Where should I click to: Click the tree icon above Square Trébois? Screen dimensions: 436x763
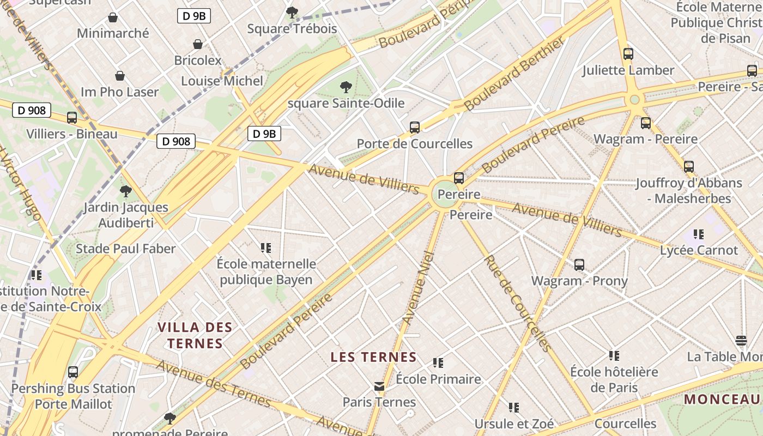click(292, 12)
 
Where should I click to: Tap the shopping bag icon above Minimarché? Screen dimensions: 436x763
click(113, 17)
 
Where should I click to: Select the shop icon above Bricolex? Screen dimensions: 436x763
click(198, 44)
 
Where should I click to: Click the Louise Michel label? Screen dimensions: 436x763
click(222, 81)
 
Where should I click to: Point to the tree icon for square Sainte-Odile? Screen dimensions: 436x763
click(346, 87)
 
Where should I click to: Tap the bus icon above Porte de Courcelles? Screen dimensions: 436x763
click(415, 128)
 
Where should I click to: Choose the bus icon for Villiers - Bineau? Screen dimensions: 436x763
click(72, 118)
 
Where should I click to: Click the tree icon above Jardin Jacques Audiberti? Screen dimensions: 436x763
click(126, 191)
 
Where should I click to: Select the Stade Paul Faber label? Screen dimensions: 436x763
click(125, 249)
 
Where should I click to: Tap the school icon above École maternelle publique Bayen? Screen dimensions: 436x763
click(266, 248)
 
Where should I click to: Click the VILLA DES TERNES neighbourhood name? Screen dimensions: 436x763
click(195, 335)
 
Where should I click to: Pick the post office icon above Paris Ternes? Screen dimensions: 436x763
click(379, 386)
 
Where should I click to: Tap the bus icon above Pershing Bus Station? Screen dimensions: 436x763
click(73, 372)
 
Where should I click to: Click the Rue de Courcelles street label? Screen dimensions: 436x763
click(518, 303)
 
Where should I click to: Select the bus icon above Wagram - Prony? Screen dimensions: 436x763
click(579, 265)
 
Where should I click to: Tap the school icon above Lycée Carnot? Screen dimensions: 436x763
click(699, 234)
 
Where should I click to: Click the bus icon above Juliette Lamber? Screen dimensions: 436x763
click(628, 54)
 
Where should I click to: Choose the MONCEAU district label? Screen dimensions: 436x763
click(723, 399)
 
